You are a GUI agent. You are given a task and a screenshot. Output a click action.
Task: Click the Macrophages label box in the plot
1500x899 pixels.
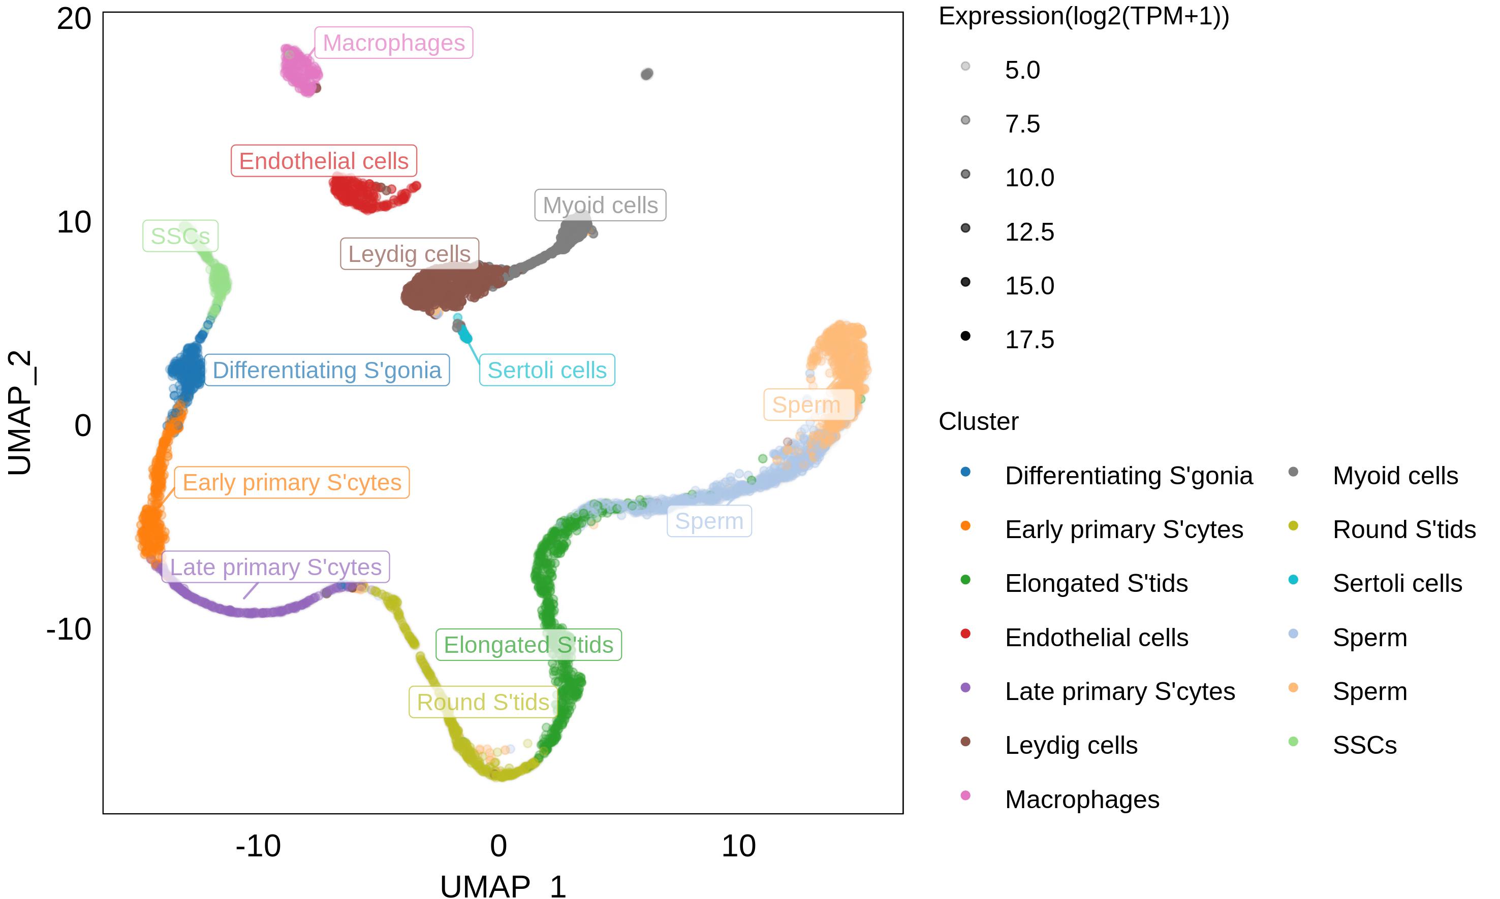[393, 43]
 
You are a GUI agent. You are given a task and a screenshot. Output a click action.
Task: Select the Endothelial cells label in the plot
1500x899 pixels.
[324, 160]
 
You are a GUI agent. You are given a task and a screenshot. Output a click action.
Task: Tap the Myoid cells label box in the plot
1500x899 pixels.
[600, 205]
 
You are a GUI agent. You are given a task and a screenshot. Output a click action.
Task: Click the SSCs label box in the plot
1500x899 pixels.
[180, 236]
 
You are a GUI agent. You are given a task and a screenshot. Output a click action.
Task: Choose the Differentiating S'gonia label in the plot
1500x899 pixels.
[327, 370]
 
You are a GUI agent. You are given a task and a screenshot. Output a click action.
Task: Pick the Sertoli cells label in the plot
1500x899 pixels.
[547, 370]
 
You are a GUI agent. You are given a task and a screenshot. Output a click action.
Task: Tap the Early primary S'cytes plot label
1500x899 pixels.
[292, 482]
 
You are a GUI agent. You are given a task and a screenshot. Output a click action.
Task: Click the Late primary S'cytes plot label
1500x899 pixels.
[275, 567]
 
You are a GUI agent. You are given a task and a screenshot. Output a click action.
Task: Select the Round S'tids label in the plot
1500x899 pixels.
[483, 702]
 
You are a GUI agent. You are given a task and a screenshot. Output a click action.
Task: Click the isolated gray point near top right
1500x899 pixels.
[647, 74]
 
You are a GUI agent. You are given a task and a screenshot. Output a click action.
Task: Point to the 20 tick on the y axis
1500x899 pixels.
[74, 18]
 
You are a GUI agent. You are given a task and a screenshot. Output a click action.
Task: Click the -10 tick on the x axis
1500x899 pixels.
[258, 846]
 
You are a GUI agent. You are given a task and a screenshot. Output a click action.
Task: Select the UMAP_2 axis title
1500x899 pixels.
[19, 413]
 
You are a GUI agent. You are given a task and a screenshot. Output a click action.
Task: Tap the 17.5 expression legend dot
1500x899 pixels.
[965, 336]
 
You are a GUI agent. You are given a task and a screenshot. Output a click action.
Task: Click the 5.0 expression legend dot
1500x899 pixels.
[965, 66]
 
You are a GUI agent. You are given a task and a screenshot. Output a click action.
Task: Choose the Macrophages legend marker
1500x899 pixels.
[965, 795]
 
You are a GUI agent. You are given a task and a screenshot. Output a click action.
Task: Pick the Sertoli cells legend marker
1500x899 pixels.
[1293, 580]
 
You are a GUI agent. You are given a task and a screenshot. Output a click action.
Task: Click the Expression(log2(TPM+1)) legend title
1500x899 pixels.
[1084, 16]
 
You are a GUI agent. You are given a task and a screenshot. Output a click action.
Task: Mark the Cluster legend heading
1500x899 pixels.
[979, 421]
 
